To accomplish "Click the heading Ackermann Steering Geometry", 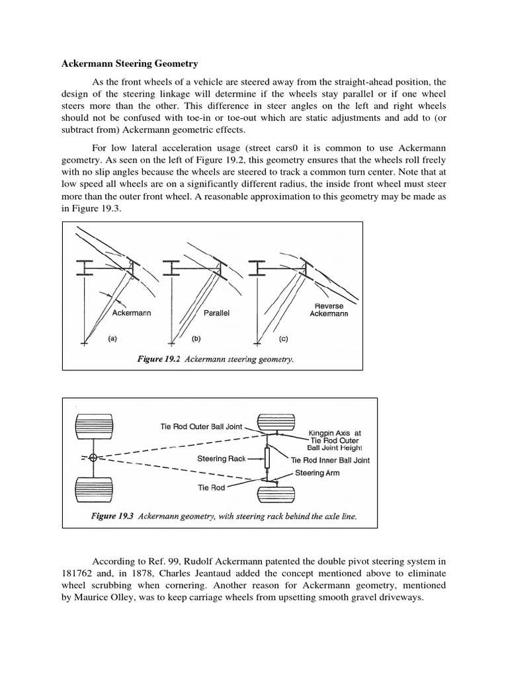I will pyautogui.click(x=130, y=65).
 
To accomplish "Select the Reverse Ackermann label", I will pyautogui.click(x=329, y=309).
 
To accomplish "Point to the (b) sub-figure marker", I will pyautogui.click(x=196, y=338).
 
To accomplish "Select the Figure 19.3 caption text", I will pyautogui.click(x=224, y=517).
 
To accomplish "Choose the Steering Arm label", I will pyautogui.click(x=318, y=473).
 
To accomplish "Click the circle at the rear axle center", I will pyautogui.click(x=94, y=458).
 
